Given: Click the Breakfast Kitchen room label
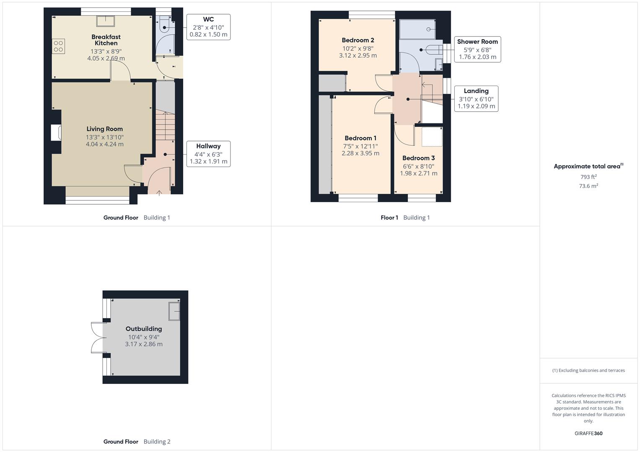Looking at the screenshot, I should coord(106,40).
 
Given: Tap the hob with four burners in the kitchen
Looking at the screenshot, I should coord(59,46).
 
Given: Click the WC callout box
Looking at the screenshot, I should coord(208,27).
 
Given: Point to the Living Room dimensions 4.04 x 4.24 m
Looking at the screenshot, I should coord(105,144).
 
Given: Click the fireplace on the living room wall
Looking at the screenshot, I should coord(56,133).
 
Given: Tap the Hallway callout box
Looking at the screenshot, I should coord(208,154).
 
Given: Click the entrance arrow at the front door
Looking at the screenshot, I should coord(159,193).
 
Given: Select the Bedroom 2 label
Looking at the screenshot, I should coord(358,40).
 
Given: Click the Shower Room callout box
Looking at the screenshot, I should coord(477,49).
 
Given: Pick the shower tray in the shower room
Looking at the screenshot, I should coord(417,29).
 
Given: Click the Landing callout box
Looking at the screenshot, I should coord(476,99).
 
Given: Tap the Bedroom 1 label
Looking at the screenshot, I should coord(360,138).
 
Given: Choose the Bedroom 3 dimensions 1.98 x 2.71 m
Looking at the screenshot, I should coord(418,173).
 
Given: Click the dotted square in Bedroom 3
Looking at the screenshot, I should coord(432,137).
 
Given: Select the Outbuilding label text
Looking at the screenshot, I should coord(144,329).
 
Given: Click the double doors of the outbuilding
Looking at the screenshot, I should coord(97,338).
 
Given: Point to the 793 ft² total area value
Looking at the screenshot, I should coord(588,177).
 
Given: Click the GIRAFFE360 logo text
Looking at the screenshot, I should coord(588,434).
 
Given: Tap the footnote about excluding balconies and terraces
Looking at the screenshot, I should coord(588,370).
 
